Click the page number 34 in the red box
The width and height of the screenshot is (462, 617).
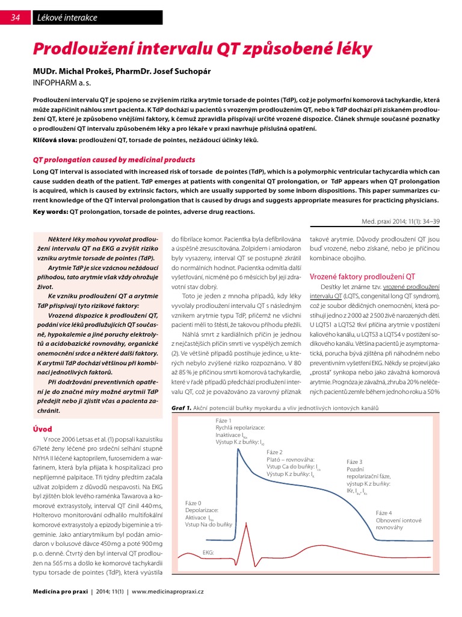click(15, 17)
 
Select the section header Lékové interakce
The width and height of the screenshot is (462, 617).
click(67, 17)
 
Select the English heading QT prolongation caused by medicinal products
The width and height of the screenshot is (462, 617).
click(114, 160)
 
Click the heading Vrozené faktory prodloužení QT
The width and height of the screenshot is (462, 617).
click(362, 277)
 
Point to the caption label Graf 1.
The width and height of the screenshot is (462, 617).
click(181, 408)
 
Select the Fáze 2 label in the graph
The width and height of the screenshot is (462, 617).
click(276, 451)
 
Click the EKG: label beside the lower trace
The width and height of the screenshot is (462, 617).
click(208, 552)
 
